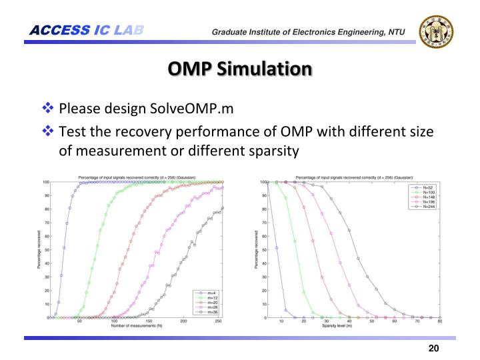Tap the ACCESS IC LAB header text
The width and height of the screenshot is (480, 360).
[87, 30]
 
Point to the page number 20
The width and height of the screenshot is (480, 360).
[433, 349]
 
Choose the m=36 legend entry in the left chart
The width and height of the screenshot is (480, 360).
[209, 311]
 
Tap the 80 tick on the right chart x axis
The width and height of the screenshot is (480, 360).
[440, 321]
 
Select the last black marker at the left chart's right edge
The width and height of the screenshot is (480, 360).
[223, 207]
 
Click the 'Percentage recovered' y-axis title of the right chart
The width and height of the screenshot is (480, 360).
[257, 250]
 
